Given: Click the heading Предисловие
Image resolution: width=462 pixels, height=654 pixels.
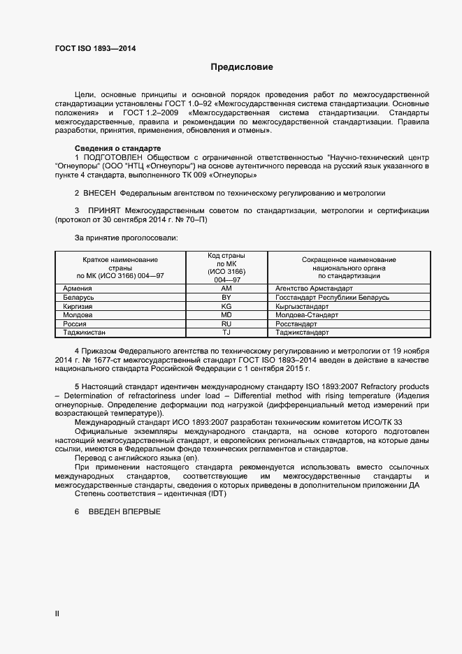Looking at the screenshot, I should click(242, 68).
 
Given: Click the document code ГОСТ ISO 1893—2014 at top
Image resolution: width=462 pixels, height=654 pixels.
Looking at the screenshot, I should click(95, 49).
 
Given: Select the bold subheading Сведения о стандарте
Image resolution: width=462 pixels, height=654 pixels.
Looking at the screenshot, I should click(117, 149).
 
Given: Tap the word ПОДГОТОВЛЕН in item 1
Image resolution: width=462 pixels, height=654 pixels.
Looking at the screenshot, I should click(116, 158).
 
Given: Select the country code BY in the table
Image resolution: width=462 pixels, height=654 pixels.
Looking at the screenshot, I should click(226, 298).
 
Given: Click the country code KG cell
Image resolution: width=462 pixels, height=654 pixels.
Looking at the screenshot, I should click(226, 306).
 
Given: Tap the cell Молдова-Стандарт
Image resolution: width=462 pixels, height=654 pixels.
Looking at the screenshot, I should click(307, 315).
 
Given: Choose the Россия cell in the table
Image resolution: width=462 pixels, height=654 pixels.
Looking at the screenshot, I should click(75, 324).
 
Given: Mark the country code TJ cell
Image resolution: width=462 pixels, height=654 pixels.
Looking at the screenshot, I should click(226, 333).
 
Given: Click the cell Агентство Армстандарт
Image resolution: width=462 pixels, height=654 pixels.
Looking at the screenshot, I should click(314, 288).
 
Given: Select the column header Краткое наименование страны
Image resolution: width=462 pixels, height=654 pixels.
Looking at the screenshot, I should click(120, 267).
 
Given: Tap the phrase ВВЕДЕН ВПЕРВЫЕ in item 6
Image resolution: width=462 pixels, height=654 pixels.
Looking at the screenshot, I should click(124, 512).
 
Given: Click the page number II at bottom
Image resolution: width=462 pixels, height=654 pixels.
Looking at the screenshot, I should click(58, 613).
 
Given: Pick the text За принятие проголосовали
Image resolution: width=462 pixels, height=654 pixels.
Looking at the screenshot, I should click(126, 238).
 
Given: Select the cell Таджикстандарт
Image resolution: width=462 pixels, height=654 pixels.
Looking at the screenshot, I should click(308, 333).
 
